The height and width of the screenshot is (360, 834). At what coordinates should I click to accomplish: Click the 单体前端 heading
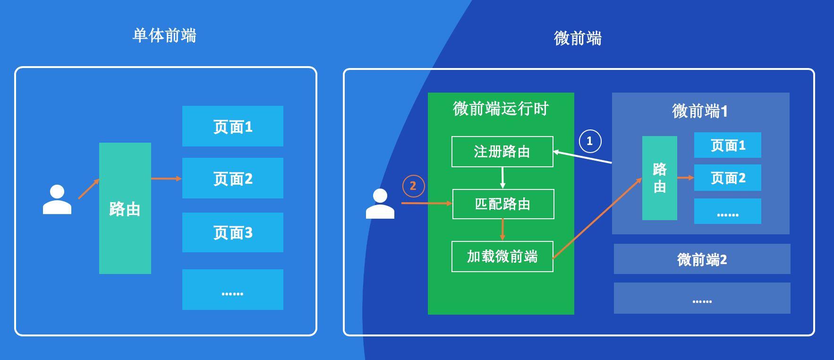pos(164,36)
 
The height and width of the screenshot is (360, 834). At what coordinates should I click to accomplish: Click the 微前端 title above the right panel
pos(578,38)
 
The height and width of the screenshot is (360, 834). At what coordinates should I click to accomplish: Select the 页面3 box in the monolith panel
pos(232,232)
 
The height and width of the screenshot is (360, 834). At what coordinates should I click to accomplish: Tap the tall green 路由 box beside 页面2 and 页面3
pos(125,208)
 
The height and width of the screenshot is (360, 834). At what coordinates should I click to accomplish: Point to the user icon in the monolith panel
pos(57,200)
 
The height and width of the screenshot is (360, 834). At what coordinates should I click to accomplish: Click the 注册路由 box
pos(502,152)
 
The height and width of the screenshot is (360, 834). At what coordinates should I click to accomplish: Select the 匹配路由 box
pos(503,204)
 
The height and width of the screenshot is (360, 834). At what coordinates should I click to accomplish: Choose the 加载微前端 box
pos(502,257)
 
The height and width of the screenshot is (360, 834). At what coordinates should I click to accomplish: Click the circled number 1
pos(590,141)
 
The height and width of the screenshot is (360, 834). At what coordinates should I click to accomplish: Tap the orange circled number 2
pos(413,186)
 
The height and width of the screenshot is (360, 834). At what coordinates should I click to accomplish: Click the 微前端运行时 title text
pos(501,109)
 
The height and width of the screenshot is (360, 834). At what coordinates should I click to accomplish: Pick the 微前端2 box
pos(702,259)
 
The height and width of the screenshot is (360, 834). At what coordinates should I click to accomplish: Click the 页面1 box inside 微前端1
pos(727,145)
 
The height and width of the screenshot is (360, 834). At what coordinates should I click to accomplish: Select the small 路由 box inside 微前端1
pos(659,178)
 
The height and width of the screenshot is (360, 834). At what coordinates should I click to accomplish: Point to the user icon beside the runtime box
pos(380,204)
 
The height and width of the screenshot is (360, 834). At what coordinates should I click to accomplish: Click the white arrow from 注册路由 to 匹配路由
pos(502,178)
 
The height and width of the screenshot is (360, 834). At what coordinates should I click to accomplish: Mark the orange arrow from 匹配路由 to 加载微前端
pos(502,230)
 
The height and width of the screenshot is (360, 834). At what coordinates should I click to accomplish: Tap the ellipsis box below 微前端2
pos(702,298)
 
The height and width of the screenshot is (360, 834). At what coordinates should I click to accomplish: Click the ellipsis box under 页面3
pos(232,290)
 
